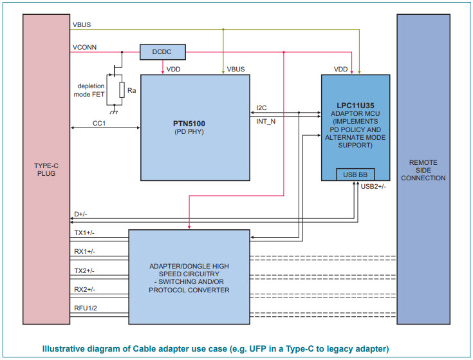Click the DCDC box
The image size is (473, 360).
point(162,52)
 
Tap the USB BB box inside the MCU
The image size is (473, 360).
point(355,175)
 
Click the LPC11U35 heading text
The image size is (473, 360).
point(355,103)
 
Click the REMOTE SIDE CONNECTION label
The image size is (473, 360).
point(423,169)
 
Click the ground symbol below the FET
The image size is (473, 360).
point(113,111)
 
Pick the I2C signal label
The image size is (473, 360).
point(263,108)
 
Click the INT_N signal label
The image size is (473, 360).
point(266,120)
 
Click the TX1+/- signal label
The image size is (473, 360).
point(84,232)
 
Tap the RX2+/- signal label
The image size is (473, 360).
point(84,290)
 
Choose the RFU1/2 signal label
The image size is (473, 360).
point(84,308)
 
